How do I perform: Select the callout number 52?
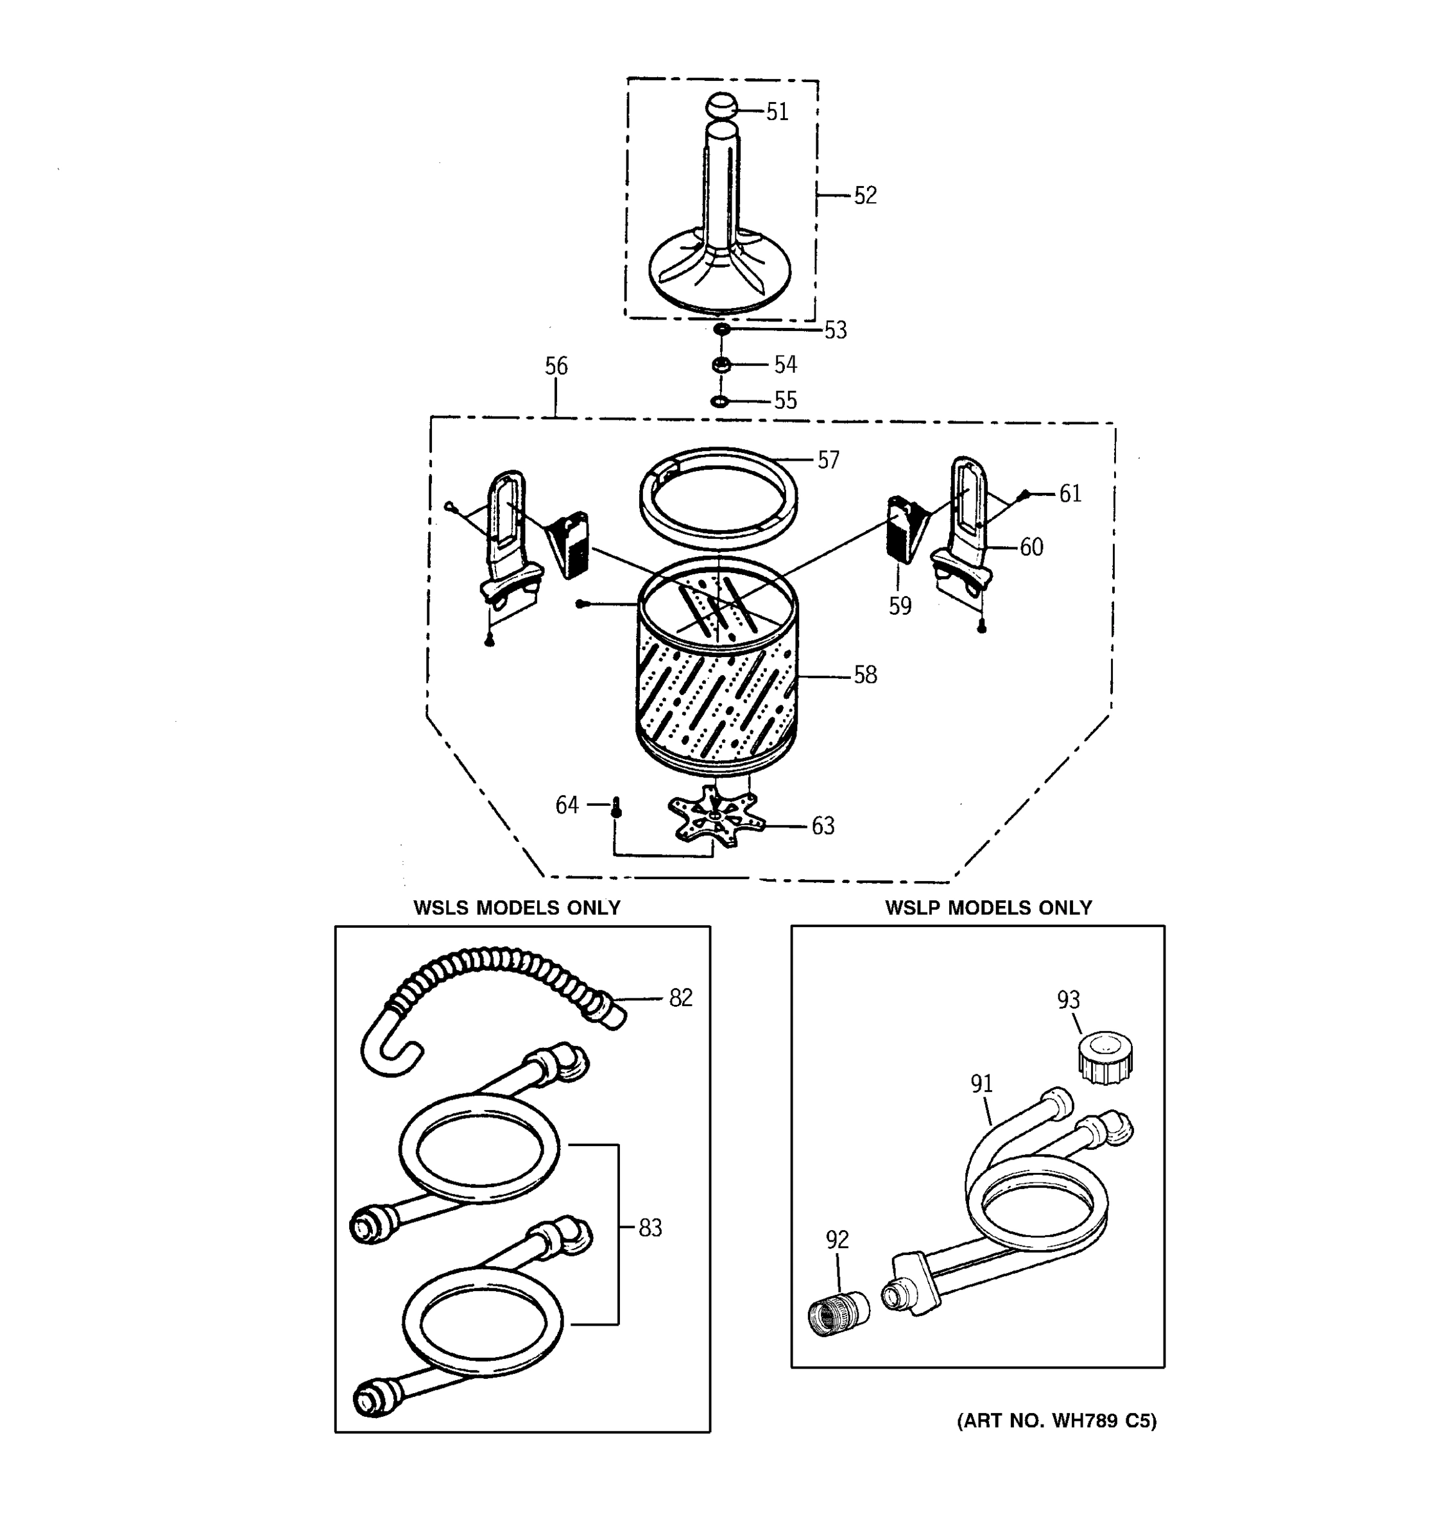click(x=864, y=196)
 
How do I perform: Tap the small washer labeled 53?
click(x=721, y=330)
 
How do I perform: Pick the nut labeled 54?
click(x=721, y=364)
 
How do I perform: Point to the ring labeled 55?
click(x=719, y=401)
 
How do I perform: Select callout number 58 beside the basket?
click(x=864, y=676)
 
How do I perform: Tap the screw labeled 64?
click(x=617, y=807)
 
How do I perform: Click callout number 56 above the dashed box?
click(x=555, y=366)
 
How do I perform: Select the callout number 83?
click(x=650, y=1228)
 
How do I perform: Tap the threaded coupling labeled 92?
click(x=837, y=1312)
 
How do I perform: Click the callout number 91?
click(x=981, y=1084)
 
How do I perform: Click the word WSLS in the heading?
click(x=441, y=908)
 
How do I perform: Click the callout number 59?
click(x=899, y=606)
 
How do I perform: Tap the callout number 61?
click(x=1069, y=493)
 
